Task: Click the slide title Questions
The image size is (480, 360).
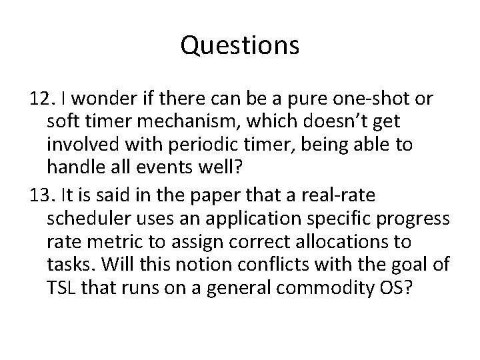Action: click(240, 46)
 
